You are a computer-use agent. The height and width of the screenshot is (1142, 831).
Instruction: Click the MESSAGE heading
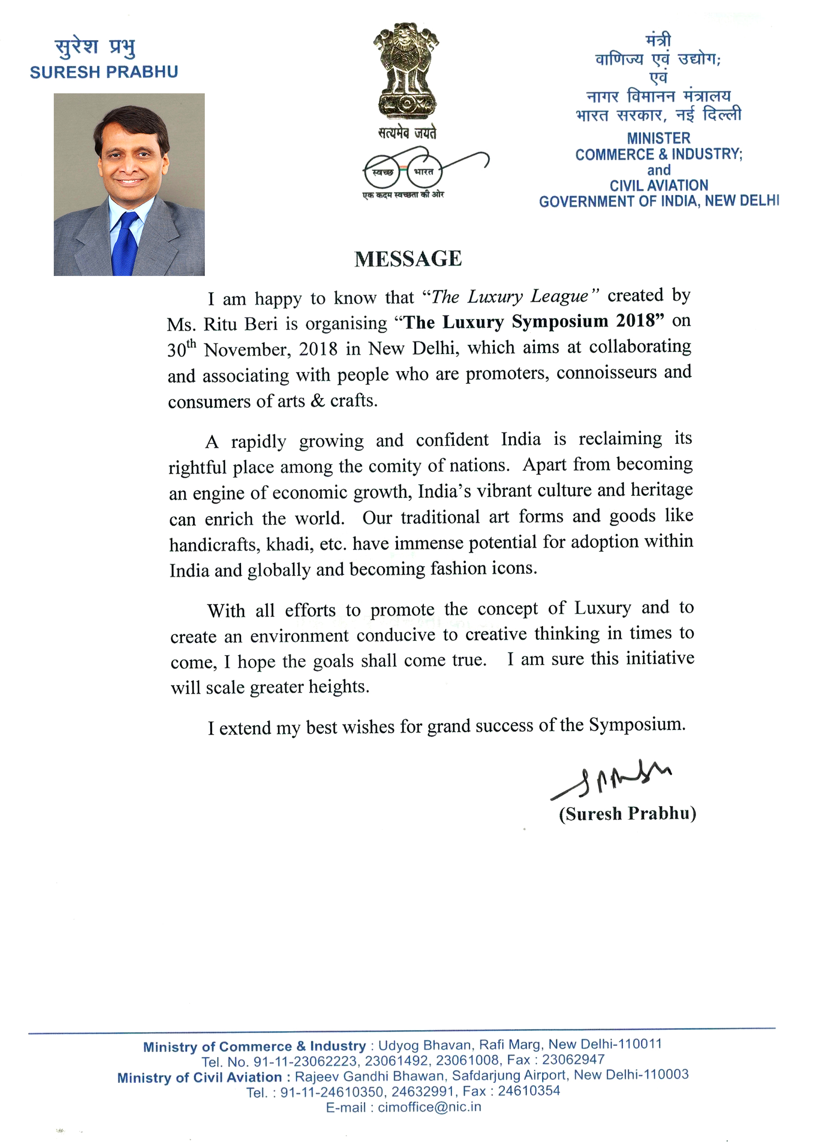(x=408, y=259)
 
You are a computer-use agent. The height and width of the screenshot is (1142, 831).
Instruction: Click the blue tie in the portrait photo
(x=125, y=244)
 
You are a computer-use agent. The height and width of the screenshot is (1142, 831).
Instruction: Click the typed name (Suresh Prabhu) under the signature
(x=628, y=814)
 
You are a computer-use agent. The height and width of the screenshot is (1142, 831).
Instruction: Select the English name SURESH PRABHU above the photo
(x=104, y=72)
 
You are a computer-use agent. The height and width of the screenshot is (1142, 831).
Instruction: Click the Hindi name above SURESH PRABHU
(x=95, y=48)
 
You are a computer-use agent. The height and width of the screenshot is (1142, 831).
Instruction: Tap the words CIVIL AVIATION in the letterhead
(x=658, y=185)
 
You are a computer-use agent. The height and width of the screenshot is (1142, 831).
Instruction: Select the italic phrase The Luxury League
(x=510, y=296)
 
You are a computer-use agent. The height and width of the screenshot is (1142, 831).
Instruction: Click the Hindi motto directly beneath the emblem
(x=407, y=133)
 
